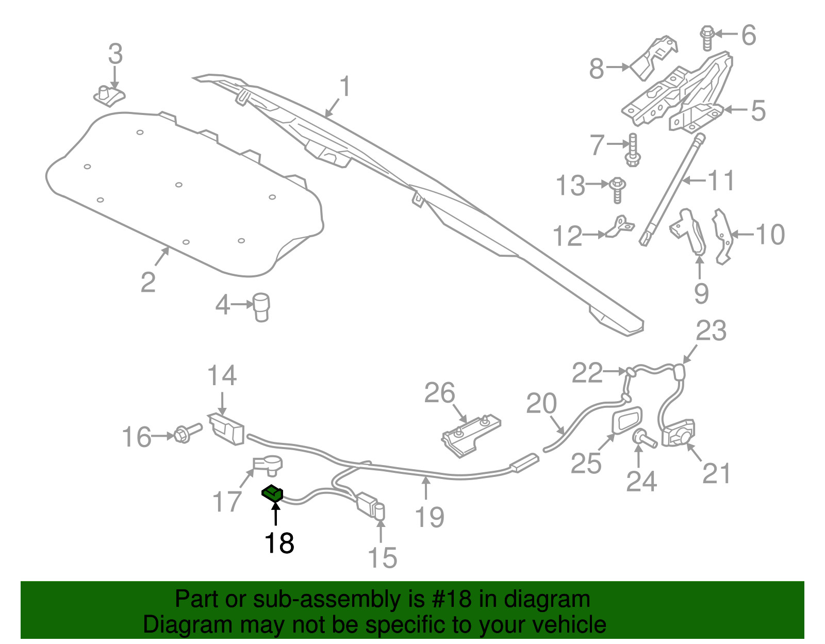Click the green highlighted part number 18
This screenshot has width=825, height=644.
tap(272, 493)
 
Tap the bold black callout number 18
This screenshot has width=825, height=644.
tap(279, 543)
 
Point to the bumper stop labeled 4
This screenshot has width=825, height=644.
tap(261, 307)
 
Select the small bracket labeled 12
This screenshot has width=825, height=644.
tap(620, 226)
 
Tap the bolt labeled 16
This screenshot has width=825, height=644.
tap(188, 433)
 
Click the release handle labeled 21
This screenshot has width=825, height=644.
tap(678, 433)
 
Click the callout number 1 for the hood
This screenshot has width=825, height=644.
tap(345, 87)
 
